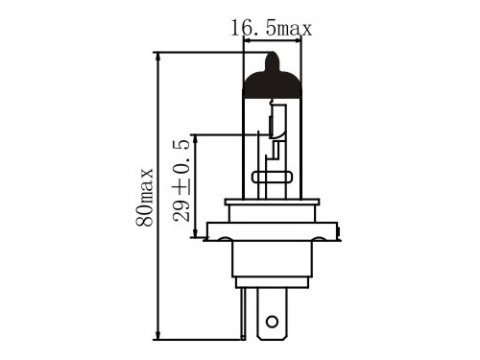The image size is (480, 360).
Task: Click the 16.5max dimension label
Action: point(271,28)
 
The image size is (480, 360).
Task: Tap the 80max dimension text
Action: point(144,198)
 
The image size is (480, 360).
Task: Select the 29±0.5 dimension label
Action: point(181,180)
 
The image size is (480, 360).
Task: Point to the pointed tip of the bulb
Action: point(273,52)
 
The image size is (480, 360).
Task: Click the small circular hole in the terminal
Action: point(272,322)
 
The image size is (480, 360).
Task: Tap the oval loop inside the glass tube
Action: point(273,177)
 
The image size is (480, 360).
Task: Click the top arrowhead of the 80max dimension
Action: point(156,58)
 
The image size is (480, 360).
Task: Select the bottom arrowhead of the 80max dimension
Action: point(156,334)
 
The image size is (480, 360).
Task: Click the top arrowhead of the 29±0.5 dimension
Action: point(195,140)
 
